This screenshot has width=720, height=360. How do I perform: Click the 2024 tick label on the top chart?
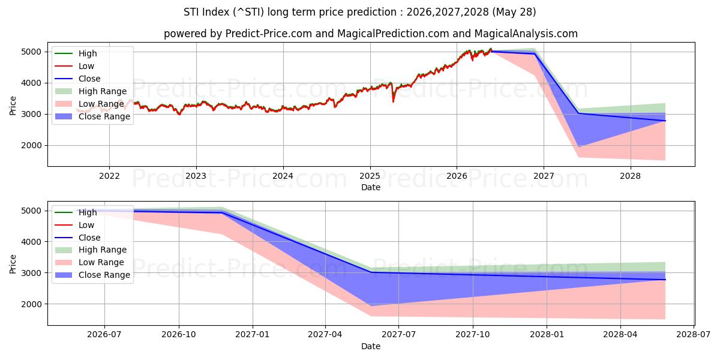pos(283,176)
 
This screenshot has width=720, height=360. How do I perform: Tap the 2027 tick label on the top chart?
pos(544,176)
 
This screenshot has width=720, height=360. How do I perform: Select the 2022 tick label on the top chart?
pos(109,176)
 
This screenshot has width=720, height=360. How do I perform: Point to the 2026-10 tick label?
pos(179,335)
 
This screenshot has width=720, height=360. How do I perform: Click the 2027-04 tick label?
pos(325,335)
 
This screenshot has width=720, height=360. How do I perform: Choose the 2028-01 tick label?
pos(547,335)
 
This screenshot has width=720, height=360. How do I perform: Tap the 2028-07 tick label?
pos(694,335)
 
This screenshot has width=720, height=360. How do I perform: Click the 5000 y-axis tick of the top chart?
pos(31,52)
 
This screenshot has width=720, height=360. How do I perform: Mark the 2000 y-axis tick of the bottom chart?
pos(31,304)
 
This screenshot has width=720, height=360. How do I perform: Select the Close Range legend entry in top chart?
pos(92,116)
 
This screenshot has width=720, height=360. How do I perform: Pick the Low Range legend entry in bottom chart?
pos(89,263)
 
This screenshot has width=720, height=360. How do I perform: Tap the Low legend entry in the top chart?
pos(74,66)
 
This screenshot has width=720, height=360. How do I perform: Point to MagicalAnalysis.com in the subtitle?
pos(526,34)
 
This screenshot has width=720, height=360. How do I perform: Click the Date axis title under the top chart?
pos(371,187)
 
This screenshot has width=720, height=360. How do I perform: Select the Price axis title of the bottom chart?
pos(13,264)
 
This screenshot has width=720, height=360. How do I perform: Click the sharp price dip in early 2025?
pos(393,101)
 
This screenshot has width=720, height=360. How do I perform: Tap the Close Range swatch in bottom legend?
pos(64,275)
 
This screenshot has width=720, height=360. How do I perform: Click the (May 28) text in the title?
pos(514,12)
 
